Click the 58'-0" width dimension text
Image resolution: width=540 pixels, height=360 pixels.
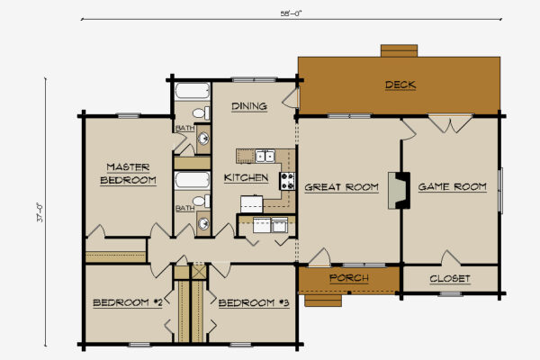[x=290, y=13]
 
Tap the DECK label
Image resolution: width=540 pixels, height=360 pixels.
[x=400, y=85]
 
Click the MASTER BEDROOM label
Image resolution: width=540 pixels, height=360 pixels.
[x=127, y=174]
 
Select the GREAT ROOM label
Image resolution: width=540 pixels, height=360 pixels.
[x=340, y=187]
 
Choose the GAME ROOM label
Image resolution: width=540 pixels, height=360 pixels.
[x=453, y=186]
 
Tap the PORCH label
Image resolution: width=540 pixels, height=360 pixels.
[x=348, y=278]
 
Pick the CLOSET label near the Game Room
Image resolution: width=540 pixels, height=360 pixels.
[x=449, y=279]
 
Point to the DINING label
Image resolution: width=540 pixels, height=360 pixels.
[x=248, y=107]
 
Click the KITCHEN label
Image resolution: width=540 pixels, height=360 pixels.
[x=246, y=177]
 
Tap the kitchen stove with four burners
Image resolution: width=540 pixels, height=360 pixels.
[x=288, y=179]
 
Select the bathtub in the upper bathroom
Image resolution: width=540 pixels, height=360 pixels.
[x=192, y=92]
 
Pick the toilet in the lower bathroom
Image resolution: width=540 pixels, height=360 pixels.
[x=203, y=201]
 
